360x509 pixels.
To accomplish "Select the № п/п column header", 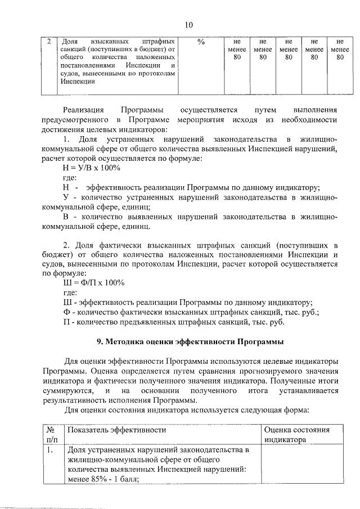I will click(53, 434).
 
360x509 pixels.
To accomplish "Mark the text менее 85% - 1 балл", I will click(103, 479).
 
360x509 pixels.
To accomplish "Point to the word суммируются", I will click(65, 390).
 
